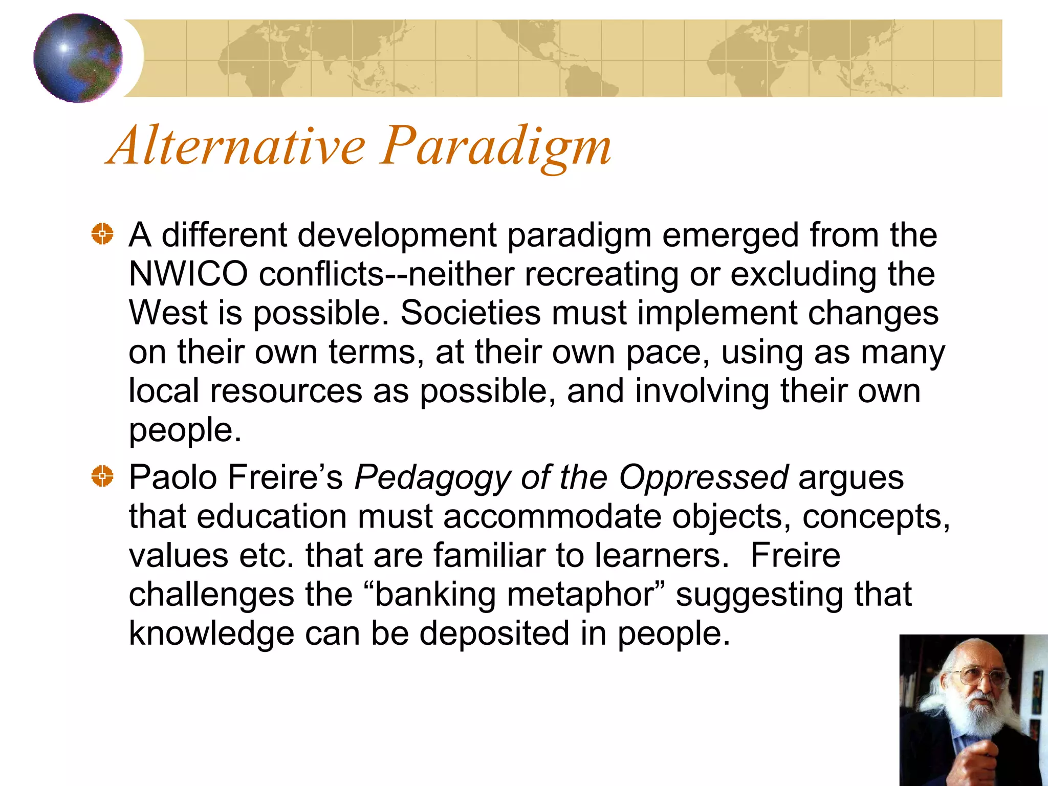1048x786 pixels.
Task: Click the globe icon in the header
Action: point(78,58)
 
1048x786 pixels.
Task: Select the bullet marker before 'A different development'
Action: point(102,234)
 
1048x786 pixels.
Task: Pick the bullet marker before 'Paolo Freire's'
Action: point(102,476)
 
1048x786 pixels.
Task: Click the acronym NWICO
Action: point(188,274)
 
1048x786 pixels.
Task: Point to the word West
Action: point(168,313)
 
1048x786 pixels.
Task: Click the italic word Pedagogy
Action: point(432,477)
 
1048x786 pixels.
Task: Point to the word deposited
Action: point(494,634)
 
